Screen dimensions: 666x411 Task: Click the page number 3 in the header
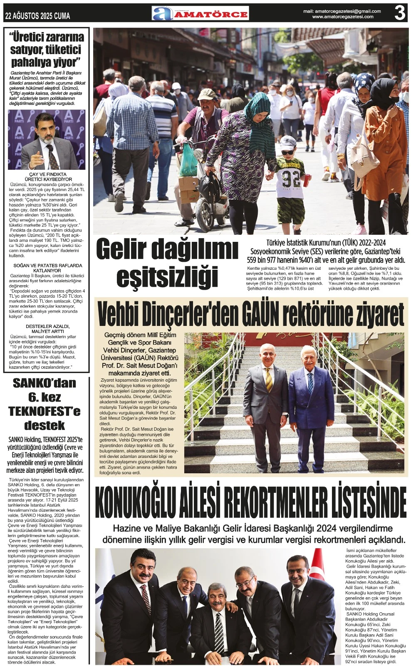(x=399, y=14)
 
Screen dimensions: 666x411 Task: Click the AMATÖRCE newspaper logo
(x=200, y=14)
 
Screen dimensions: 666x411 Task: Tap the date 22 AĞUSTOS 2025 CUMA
(x=37, y=16)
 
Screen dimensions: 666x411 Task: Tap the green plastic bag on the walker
(x=187, y=160)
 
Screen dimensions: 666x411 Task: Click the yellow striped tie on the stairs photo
(x=269, y=380)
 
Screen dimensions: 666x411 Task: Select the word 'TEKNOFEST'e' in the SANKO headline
(x=45, y=411)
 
